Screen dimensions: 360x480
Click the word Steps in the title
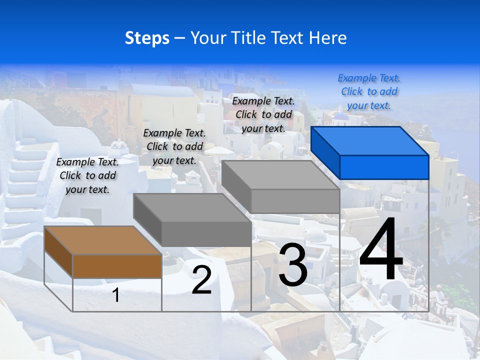[147, 38]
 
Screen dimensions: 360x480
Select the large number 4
[381, 250]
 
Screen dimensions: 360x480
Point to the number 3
[293, 265]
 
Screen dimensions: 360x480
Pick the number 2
[201, 280]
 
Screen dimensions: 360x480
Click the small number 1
[116, 295]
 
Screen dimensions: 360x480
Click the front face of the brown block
[117, 266]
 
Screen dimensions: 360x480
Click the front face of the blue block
[384, 167]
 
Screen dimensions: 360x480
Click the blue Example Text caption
[369, 92]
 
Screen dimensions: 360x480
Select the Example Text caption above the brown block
[87, 176]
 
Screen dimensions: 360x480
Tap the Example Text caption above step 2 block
[174, 147]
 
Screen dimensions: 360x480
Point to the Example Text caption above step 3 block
[263, 114]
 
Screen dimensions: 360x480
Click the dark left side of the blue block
[325, 152]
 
